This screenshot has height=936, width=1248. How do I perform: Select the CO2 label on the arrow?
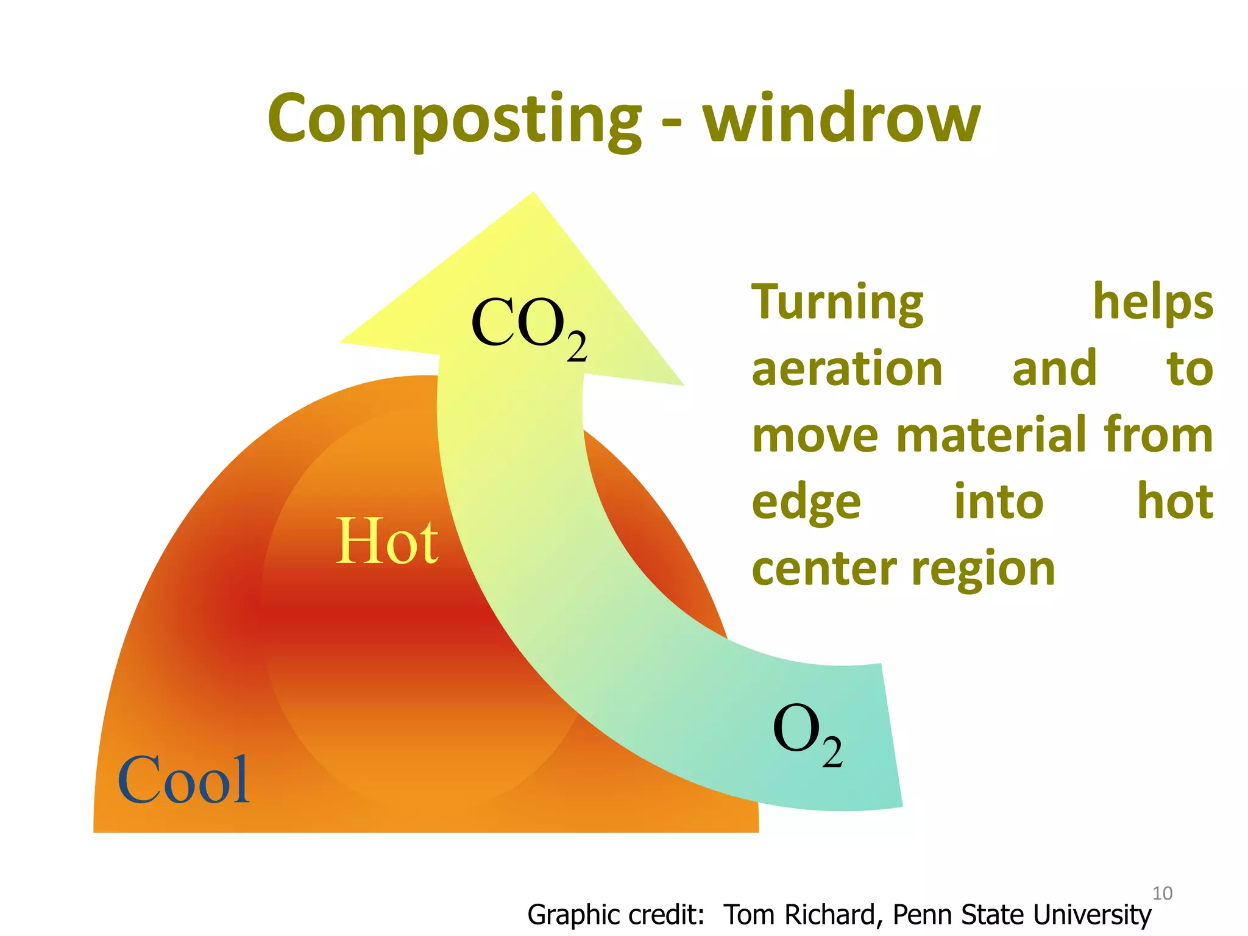(528, 326)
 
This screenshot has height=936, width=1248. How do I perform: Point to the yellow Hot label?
(386, 541)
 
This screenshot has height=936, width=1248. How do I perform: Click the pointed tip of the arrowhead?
(533, 194)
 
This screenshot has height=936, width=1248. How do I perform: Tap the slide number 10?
(1162, 893)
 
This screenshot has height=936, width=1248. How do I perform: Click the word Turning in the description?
(837, 303)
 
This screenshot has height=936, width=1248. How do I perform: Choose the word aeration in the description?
(847, 369)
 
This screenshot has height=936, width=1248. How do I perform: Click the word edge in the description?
(806, 503)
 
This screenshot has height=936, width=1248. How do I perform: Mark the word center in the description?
(824, 569)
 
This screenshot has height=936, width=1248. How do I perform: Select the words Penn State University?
(1021, 915)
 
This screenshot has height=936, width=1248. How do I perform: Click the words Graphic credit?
(615, 915)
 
